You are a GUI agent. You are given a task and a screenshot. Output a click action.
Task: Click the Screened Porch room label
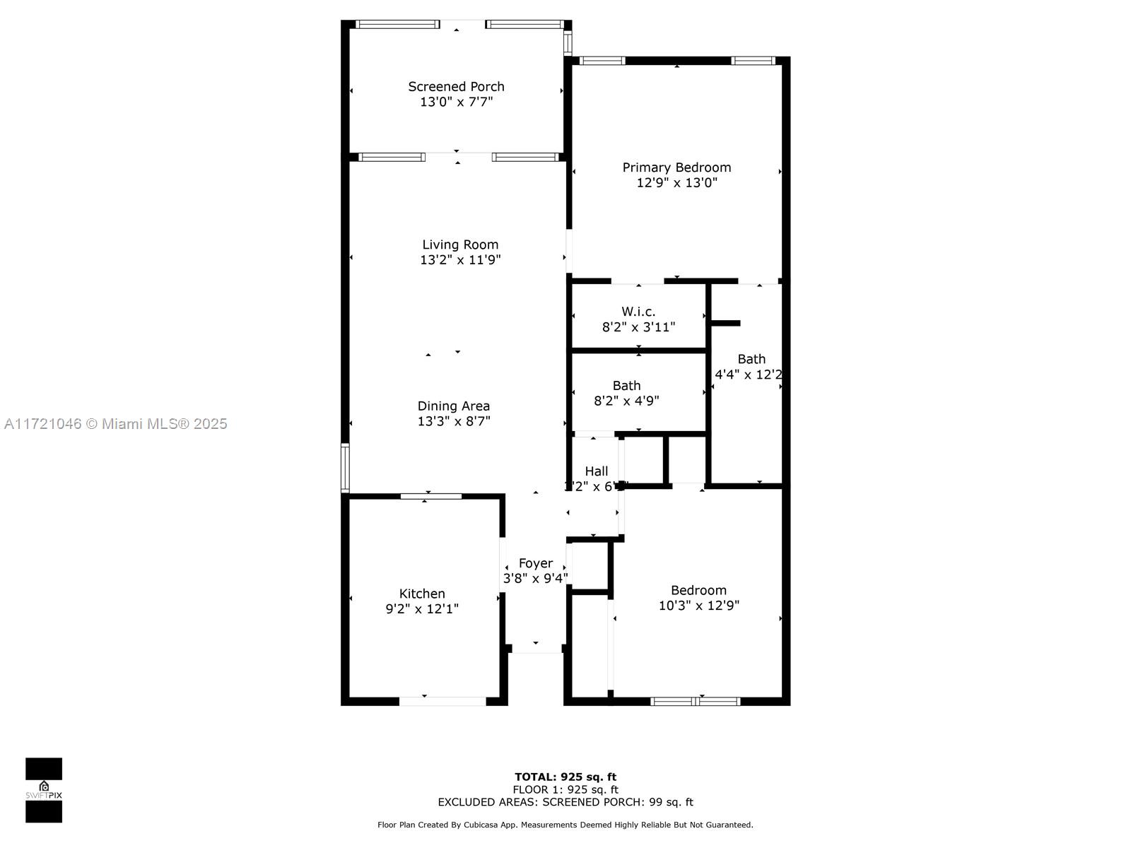(456, 86)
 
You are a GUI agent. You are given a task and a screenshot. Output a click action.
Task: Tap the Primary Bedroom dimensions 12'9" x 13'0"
(676, 182)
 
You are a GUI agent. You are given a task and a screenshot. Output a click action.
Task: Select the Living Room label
(460, 245)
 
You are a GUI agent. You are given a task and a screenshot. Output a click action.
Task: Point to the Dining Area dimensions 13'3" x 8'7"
(453, 421)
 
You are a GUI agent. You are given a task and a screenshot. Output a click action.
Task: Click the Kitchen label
(422, 594)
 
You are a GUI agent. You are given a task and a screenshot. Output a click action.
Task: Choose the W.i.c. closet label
(638, 312)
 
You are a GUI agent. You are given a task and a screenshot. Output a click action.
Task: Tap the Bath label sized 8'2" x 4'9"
(626, 386)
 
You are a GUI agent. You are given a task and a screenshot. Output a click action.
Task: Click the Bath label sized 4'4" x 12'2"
(751, 359)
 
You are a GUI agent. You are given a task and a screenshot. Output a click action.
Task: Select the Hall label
(596, 471)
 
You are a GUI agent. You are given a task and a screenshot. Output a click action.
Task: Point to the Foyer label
(535, 563)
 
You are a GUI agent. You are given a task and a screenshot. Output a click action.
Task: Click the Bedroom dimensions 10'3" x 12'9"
(698, 606)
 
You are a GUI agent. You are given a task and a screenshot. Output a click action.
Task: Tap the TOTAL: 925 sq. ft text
(565, 777)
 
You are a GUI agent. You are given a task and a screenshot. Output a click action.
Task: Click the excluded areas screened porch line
(565, 802)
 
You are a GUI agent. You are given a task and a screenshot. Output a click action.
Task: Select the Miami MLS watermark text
(115, 423)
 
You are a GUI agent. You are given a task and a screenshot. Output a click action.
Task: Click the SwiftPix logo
(44, 790)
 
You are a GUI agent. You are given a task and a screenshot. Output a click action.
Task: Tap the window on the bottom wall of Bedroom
(695, 701)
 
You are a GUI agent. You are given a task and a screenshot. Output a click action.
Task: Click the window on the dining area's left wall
(345, 467)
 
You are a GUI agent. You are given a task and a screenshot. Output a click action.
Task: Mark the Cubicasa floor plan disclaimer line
(565, 825)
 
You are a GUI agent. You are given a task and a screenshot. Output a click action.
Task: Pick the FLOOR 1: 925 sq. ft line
(565, 789)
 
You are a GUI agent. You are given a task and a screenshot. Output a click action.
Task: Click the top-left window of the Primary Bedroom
(602, 61)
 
